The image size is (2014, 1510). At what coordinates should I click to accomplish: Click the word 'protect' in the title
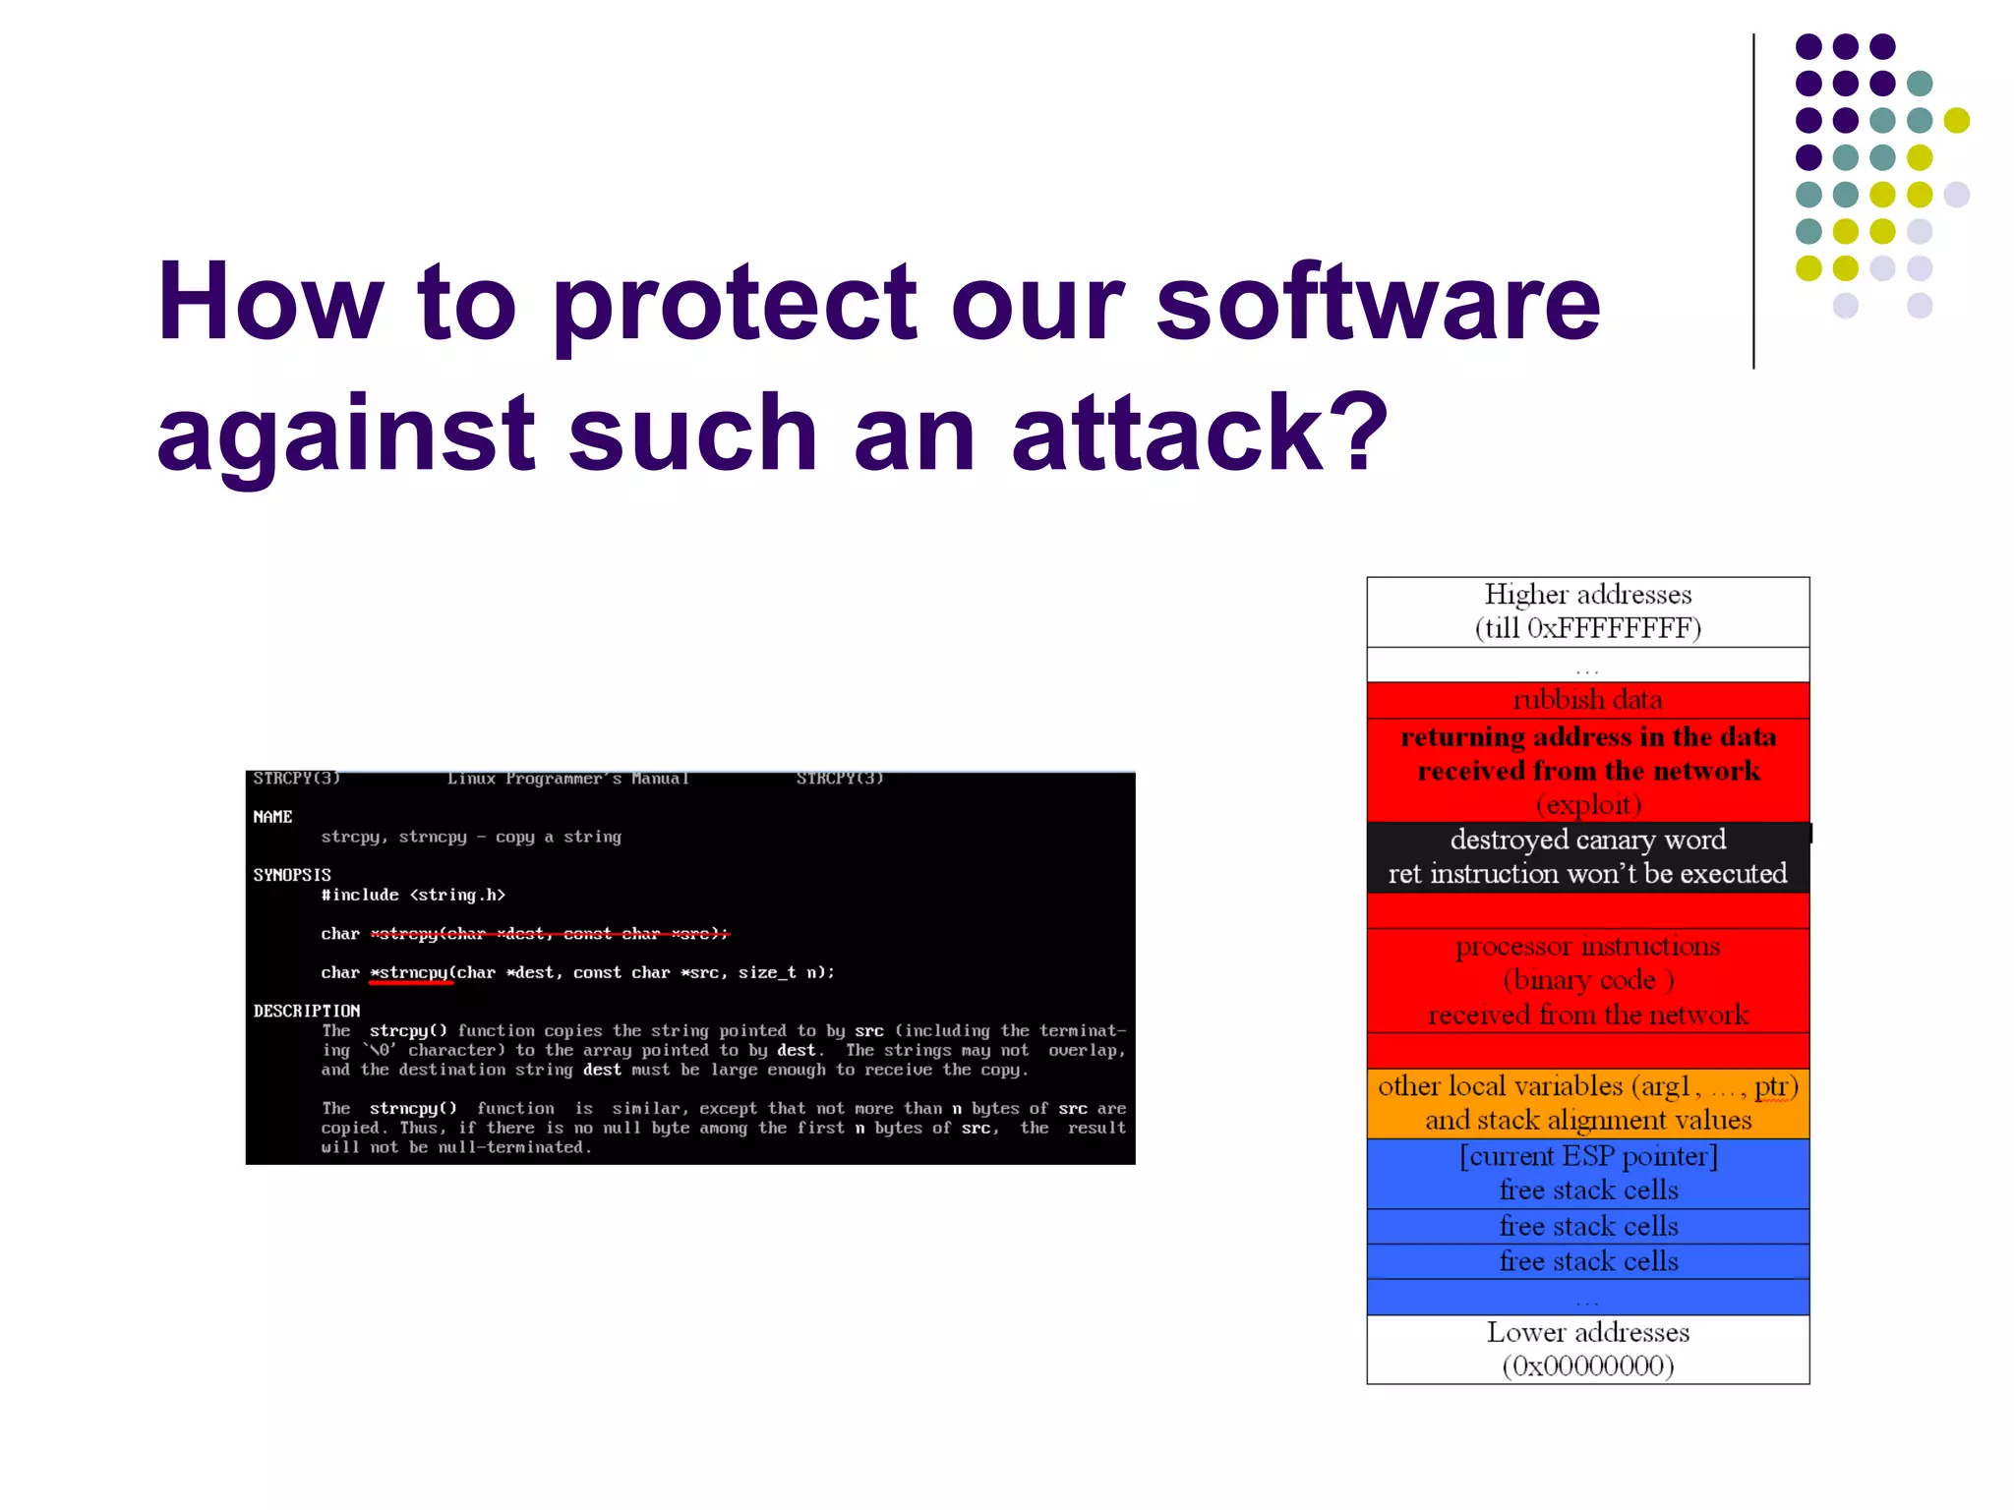733,303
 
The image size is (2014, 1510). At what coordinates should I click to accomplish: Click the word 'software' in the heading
1377,303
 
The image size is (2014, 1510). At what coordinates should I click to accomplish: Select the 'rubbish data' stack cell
1587,700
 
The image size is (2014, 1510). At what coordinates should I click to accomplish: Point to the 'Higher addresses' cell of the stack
1587,595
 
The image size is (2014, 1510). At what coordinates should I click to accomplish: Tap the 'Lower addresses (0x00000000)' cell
1587,1349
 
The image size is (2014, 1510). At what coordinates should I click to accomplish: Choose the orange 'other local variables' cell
1587,1103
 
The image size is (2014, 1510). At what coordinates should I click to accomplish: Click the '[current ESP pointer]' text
1587,1156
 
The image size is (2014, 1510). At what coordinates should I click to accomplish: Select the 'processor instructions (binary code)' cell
1587,979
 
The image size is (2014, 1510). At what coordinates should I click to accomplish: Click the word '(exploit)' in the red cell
1587,805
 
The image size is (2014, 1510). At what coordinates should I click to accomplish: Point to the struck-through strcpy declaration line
549,934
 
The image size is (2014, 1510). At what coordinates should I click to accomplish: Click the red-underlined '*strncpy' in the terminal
410,972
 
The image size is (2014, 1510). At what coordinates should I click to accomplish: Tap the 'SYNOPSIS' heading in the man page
292,875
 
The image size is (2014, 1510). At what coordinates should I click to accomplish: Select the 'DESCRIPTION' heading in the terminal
307,1011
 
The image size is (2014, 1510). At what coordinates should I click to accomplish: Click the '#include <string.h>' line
413,895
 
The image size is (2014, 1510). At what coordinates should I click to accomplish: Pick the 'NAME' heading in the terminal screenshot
272,817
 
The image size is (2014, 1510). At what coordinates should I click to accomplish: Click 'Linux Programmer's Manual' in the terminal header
567,779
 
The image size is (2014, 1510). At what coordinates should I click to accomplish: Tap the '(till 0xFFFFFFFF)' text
1587,628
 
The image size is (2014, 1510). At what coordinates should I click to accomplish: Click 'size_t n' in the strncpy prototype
782,972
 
